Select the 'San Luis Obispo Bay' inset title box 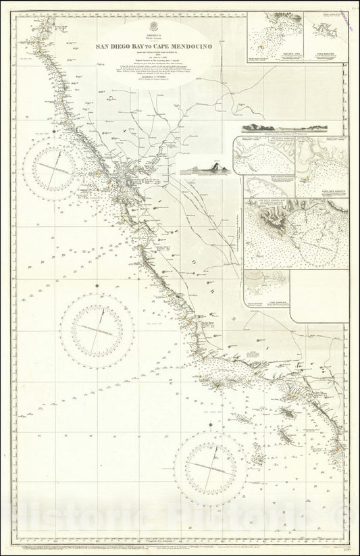[x=263, y=203]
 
